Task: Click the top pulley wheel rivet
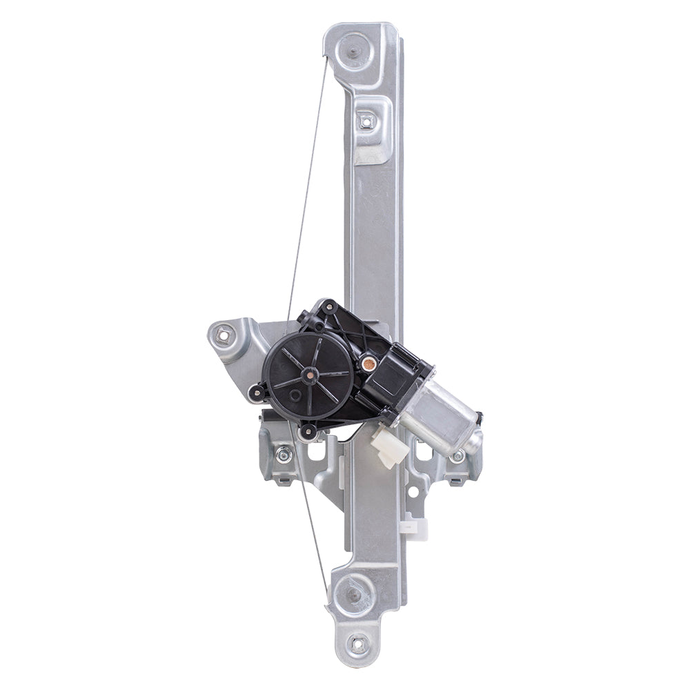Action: (x=353, y=50)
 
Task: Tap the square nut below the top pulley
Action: (x=366, y=122)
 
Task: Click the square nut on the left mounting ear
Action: (x=223, y=336)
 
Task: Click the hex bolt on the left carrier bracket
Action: (x=282, y=455)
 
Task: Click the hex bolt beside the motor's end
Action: (x=457, y=455)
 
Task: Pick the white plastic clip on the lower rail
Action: (x=415, y=527)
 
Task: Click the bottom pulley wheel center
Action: (x=354, y=593)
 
